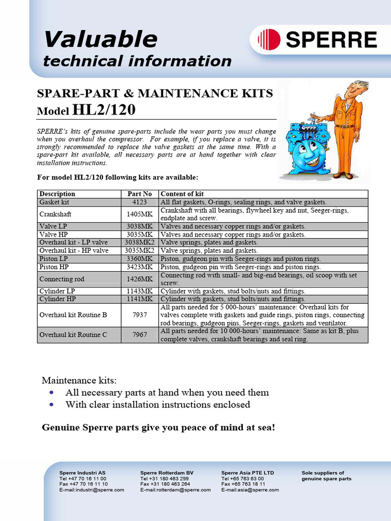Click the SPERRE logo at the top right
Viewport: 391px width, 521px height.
[x=318, y=39]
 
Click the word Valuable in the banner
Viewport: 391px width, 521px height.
[x=100, y=39]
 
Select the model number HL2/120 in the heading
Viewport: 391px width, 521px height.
[x=105, y=110]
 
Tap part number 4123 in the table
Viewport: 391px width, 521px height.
[x=139, y=202]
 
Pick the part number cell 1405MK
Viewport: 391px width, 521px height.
[x=139, y=214]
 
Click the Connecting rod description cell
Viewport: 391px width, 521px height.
[x=62, y=279]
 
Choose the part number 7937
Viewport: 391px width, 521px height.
[x=139, y=315]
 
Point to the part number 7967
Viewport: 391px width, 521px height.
[x=139, y=335]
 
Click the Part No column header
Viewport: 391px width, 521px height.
[x=139, y=194]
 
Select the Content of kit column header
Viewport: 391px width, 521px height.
[x=182, y=194]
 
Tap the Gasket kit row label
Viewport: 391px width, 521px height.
[x=54, y=202]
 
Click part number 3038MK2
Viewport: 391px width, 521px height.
[x=139, y=243]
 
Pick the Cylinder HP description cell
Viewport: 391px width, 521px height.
[x=59, y=299]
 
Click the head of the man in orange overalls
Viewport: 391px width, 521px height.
[x=356, y=89]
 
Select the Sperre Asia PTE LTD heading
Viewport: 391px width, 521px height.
[x=247, y=473]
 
